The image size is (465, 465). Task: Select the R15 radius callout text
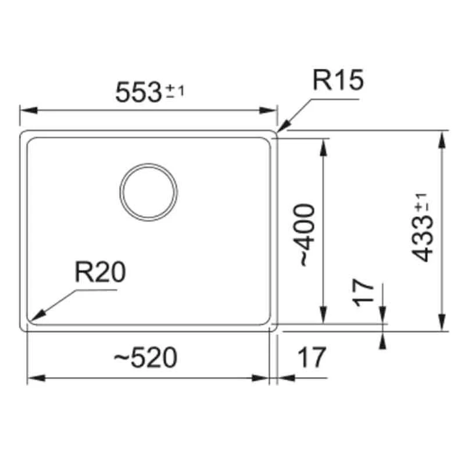pos(338,81)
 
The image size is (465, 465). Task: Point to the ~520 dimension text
pos(145,358)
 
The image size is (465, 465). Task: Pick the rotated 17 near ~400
pos(364,292)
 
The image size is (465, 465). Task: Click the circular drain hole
pos(148,192)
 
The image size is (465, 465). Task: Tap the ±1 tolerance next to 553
pos(176,90)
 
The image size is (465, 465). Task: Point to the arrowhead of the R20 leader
pos(33,319)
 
